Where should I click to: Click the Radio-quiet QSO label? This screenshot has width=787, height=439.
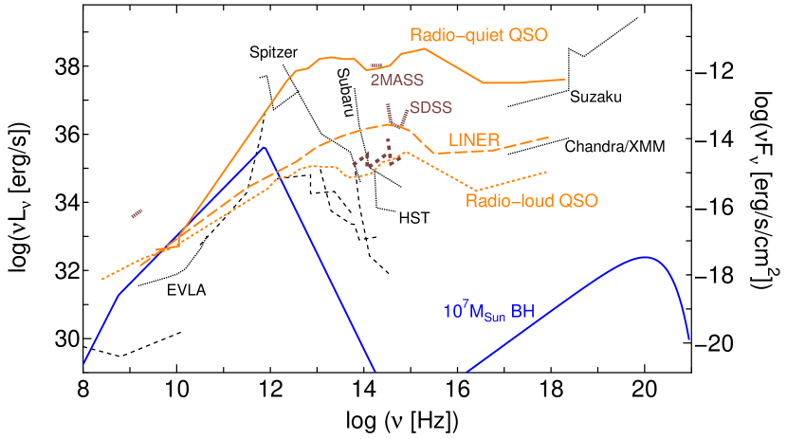(x=479, y=35)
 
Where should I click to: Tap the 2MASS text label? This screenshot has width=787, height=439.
(x=396, y=81)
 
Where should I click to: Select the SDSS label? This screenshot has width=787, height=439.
(x=430, y=108)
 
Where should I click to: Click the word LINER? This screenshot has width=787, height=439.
(x=474, y=140)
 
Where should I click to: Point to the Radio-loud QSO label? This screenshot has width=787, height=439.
(x=531, y=201)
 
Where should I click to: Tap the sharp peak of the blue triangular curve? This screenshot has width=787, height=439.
(x=265, y=148)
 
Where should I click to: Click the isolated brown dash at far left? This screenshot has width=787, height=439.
(x=137, y=213)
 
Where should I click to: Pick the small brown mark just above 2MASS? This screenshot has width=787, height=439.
(x=376, y=66)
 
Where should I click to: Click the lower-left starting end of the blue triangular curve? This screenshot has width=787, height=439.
(x=84, y=363)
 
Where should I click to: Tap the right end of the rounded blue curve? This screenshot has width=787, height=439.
(x=688, y=338)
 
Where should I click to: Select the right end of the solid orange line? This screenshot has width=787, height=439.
(x=566, y=80)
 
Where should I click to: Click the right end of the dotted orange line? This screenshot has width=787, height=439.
(x=548, y=172)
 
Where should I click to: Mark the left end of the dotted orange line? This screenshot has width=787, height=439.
(x=102, y=280)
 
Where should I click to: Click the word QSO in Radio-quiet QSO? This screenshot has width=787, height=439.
(x=530, y=35)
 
